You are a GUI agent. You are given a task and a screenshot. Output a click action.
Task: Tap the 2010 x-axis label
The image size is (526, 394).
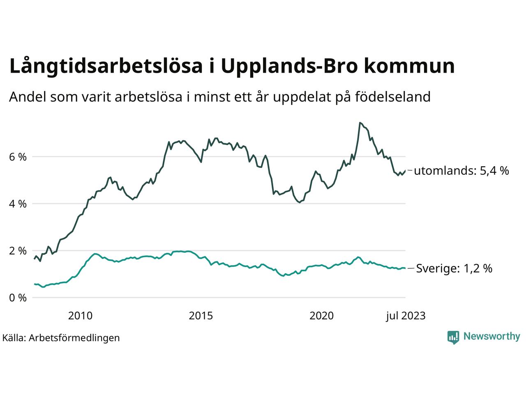[80, 316]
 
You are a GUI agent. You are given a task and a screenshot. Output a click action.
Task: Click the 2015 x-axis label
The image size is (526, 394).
[201, 316]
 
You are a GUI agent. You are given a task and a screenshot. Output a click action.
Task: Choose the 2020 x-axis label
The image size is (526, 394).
[322, 316]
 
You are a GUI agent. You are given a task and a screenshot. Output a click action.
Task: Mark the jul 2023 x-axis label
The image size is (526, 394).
[406, 316]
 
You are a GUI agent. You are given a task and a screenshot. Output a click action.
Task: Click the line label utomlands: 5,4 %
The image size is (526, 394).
[461, 171]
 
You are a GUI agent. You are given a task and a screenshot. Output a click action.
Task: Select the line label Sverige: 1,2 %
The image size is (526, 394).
[454, 269]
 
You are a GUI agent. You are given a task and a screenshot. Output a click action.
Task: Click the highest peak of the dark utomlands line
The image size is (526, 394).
[360, 122]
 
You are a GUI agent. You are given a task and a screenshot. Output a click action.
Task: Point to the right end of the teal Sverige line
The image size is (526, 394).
[405, 268]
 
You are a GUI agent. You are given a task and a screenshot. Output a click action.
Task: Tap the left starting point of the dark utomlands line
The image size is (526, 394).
[35, 259]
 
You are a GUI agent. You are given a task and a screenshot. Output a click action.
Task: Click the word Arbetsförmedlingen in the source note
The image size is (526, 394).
[74, 338]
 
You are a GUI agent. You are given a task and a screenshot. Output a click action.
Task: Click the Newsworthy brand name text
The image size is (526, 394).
[491, 337]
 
